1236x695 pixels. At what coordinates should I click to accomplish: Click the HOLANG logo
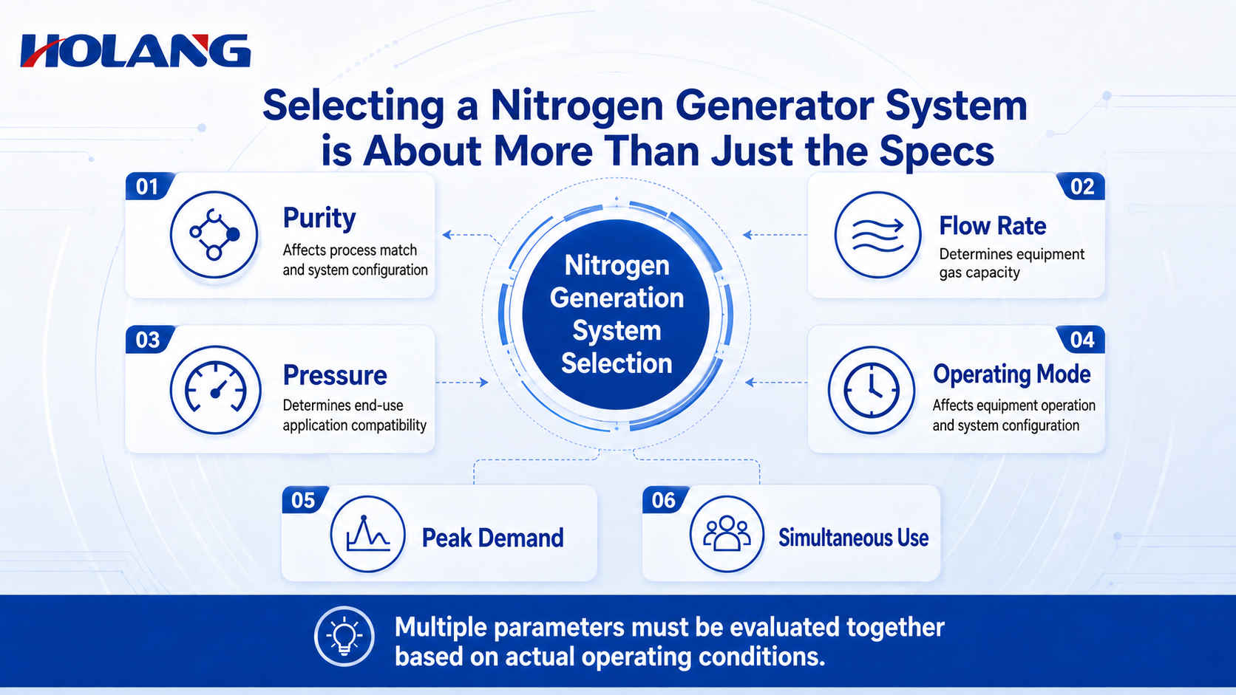(136, 51)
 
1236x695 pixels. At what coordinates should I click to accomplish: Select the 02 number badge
(1081, 186)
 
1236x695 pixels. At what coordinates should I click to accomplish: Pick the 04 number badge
(1081, 340)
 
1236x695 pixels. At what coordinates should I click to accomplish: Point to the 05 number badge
(305, 500)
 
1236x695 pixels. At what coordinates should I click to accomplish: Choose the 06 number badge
(665, 500)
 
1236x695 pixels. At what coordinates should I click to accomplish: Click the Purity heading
(319, 219)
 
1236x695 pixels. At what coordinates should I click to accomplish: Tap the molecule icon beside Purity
(214, 235)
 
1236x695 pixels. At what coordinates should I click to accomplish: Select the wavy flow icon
(877, 235)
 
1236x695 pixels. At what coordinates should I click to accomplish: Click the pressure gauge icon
(215, 390)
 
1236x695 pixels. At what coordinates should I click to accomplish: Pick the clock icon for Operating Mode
(872, 390)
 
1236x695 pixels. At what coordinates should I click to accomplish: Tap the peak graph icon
(367, 534)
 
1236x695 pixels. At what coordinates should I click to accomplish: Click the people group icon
(727, 534)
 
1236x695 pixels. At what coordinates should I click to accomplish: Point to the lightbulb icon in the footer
(344, 637)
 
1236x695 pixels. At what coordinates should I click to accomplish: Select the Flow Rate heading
(993, 225)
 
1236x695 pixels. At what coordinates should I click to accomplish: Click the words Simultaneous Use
(854, 538)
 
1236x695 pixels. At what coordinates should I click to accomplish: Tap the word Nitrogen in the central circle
(617, 266)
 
